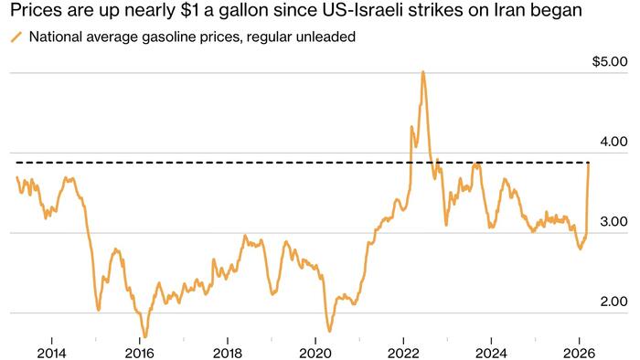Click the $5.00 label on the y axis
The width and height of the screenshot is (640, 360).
[610, 62]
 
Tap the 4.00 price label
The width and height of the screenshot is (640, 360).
[613, 142]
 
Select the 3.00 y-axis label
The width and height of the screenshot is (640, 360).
[613, 222]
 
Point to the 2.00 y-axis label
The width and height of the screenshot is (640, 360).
[613, 302]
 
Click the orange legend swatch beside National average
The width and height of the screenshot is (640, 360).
[16, 37]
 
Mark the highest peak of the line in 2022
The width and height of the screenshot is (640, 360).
[422, 71]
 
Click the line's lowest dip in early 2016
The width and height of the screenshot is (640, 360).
[144, 336]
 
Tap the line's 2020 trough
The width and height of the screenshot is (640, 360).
[329, 331]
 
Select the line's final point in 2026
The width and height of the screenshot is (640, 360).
[589, 163]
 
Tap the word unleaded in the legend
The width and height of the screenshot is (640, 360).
[325, 37]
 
